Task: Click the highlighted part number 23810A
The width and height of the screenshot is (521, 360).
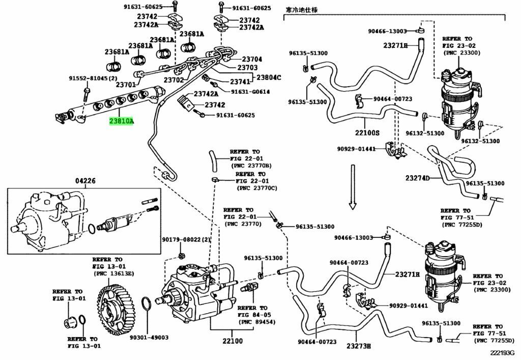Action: pos(121,122)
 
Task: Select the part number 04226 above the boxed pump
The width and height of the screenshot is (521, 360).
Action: pos(85,181)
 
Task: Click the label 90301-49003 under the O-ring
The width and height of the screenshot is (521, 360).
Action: pos(149,337)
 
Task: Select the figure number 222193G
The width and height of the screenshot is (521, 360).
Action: pos(502,352)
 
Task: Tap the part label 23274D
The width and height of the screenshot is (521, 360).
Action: pos(418,178)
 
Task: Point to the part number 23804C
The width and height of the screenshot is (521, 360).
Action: pos(269,77)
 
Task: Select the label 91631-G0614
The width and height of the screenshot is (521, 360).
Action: pos(250,92)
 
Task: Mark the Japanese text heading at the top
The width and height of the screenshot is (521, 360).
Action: pos(301,9)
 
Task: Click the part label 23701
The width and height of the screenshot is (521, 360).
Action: pos(126,85)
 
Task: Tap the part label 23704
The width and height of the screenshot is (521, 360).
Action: pos(252,59)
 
